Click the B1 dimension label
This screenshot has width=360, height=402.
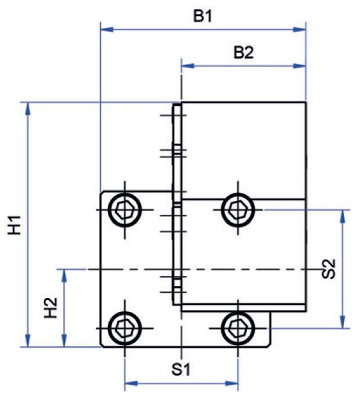(202, 17)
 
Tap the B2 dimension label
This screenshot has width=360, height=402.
(244, 53)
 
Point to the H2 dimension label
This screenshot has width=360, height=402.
(51, 308)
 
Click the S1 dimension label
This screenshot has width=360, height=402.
(181, 369)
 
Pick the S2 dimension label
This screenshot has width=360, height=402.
(329, 269)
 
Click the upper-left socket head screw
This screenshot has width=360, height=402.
(125, 210)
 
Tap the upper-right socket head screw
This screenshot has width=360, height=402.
(238, 210)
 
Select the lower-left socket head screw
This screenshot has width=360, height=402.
(125, 328)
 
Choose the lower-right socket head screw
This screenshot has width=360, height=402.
(238, 328)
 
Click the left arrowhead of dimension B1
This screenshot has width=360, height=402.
(107, 29)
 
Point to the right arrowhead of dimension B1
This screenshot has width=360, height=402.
(299, 29)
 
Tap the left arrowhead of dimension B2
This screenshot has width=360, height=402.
(188, 66)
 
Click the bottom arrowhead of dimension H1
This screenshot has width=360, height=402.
(28, 341)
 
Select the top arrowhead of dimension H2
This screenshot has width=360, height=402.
(64, 276)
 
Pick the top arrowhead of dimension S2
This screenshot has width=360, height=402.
(343, 216)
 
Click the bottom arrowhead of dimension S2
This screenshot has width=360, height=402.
(343, 322)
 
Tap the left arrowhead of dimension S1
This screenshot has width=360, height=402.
(131, 383)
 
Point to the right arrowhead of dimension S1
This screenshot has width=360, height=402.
(232, 383)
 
